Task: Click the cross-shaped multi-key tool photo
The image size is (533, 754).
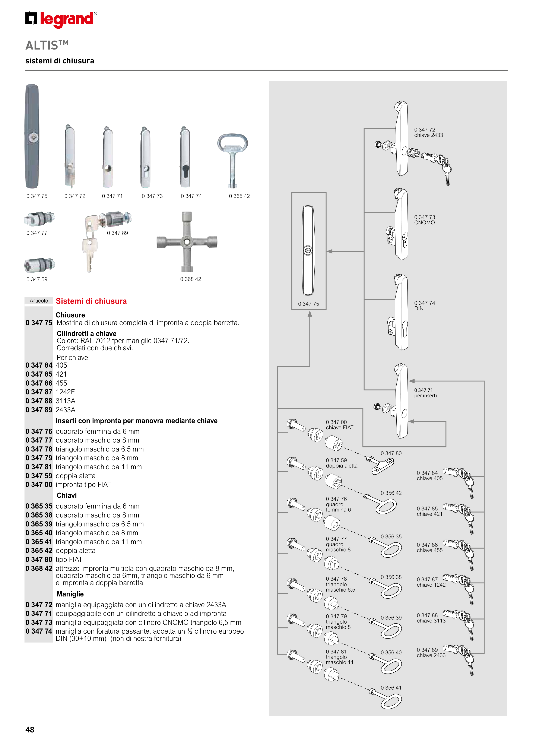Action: pos(187,242)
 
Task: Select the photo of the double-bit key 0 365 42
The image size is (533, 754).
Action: pos(232,159)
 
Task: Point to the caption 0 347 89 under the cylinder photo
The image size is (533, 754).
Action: pos(117,233)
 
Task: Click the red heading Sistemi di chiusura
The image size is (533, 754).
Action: pos(91,301)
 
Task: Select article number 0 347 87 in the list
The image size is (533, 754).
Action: pos(39,392)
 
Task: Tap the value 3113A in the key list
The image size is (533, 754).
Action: pos(65,401)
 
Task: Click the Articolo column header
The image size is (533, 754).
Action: pos(39,301)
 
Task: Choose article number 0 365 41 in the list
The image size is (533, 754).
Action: pos(39,542)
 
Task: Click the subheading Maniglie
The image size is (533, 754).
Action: pos(70,594)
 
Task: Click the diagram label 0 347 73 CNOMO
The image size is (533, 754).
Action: pos(424,220)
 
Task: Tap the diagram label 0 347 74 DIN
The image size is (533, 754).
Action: pos(424,305)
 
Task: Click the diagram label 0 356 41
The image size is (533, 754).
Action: pos(391,688)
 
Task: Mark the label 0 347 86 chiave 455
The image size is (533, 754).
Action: pos(429,547)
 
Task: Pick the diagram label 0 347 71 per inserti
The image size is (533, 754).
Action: pos(425,393)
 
